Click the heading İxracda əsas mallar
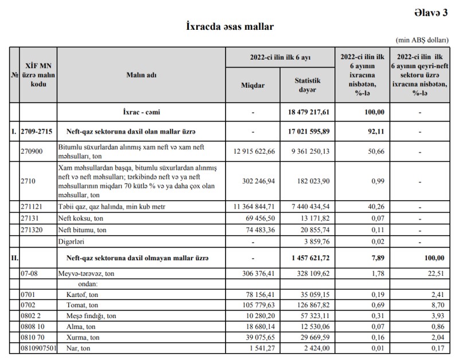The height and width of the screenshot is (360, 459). [229, 26]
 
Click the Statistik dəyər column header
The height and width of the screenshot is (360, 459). [307, 85]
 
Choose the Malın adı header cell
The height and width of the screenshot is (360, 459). [141, 75]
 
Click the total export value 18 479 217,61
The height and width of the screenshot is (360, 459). [307, 112]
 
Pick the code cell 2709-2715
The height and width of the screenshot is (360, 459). [37, 132]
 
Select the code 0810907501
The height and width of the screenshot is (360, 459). [38, 347]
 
